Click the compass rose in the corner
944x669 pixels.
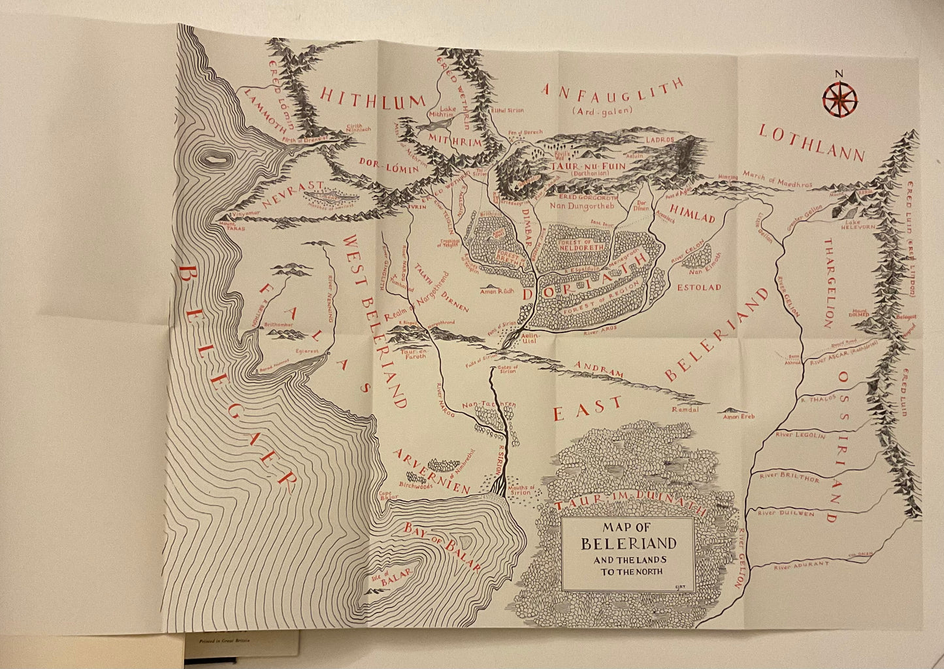pos(839,99)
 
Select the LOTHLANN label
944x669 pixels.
pos(811,143)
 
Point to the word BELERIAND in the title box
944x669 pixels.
pos(628,544)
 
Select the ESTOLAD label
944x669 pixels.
pos(698,287)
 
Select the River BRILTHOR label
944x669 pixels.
pos(789,478)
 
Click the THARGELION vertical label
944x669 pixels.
pos(828,283)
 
